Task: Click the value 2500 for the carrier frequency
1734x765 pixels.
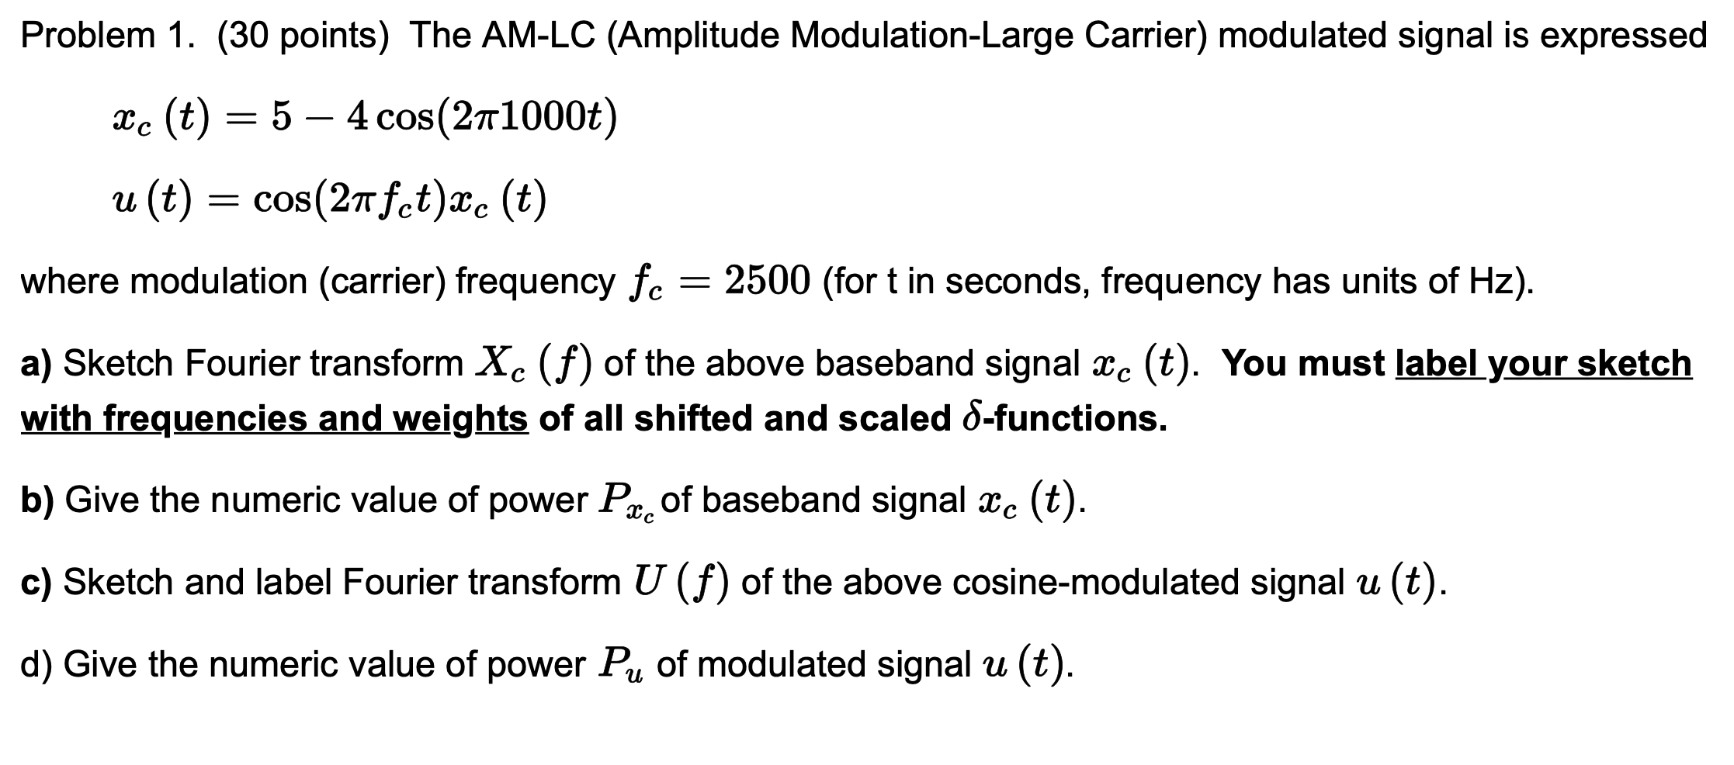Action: point(768,281)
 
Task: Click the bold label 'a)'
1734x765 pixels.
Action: point(36,363)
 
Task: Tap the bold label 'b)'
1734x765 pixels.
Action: point(36,500)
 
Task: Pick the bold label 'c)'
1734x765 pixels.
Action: point(36,582)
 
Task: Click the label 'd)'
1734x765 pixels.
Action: point(36,664)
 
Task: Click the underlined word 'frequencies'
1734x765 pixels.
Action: point(206,420)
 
